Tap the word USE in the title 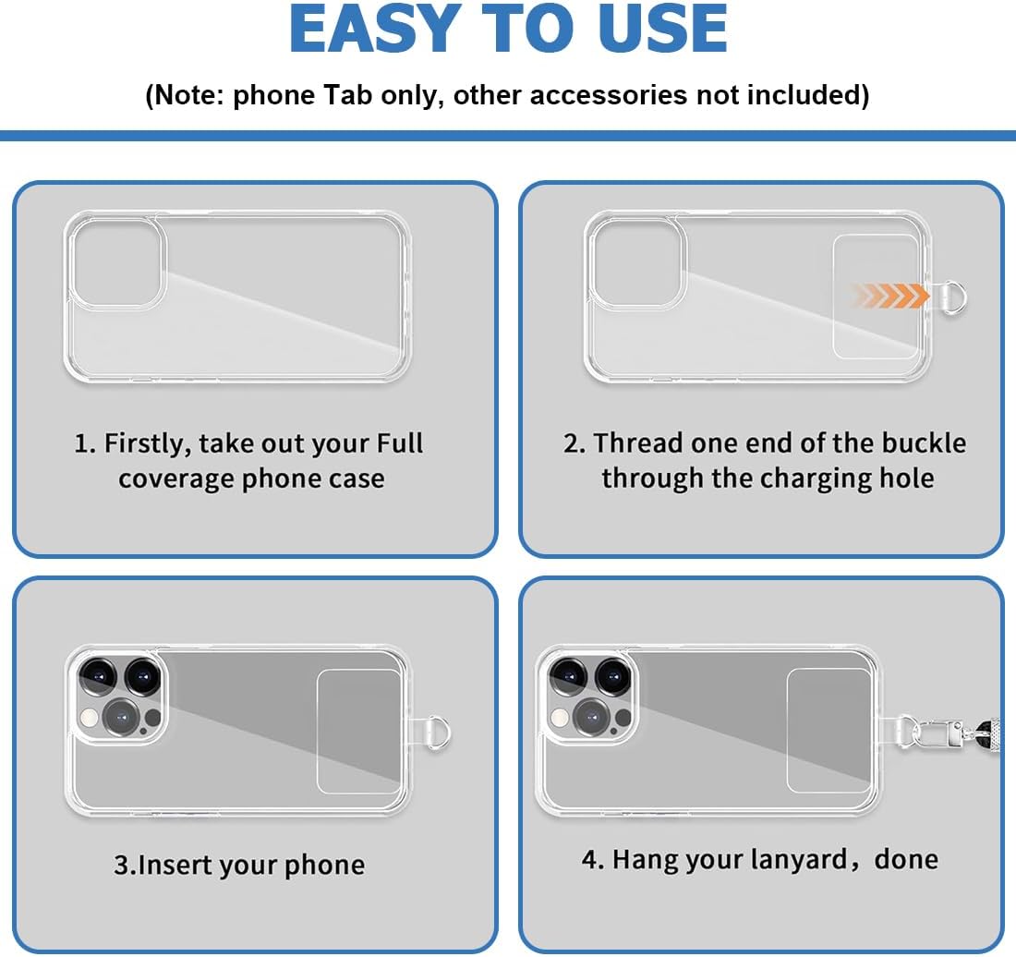coord(662,29)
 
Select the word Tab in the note coord(347,94)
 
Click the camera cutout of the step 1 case coord(117,261)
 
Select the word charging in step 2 coord(816,479)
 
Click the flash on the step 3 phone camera coord(90,717)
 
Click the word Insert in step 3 coord(171,866)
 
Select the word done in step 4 coord(906,859)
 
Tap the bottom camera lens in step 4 coord(591,717)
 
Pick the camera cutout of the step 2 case coord(637,261)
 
